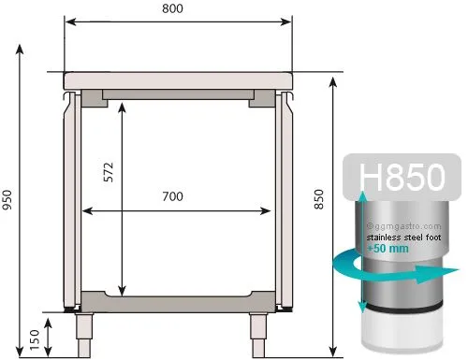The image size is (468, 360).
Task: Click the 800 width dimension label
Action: [172, 8]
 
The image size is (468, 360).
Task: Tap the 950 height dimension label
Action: [7, 200]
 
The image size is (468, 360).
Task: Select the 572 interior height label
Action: [109, 172]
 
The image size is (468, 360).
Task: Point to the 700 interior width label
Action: [172, 196]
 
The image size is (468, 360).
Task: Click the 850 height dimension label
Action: [319, 199]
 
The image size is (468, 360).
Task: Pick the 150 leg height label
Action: [35, 339]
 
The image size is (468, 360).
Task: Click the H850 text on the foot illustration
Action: [402, 177]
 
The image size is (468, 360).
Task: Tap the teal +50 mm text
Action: [388, 249]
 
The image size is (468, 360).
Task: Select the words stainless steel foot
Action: [403, 238]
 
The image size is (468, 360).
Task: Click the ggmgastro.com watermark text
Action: [404, 226]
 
